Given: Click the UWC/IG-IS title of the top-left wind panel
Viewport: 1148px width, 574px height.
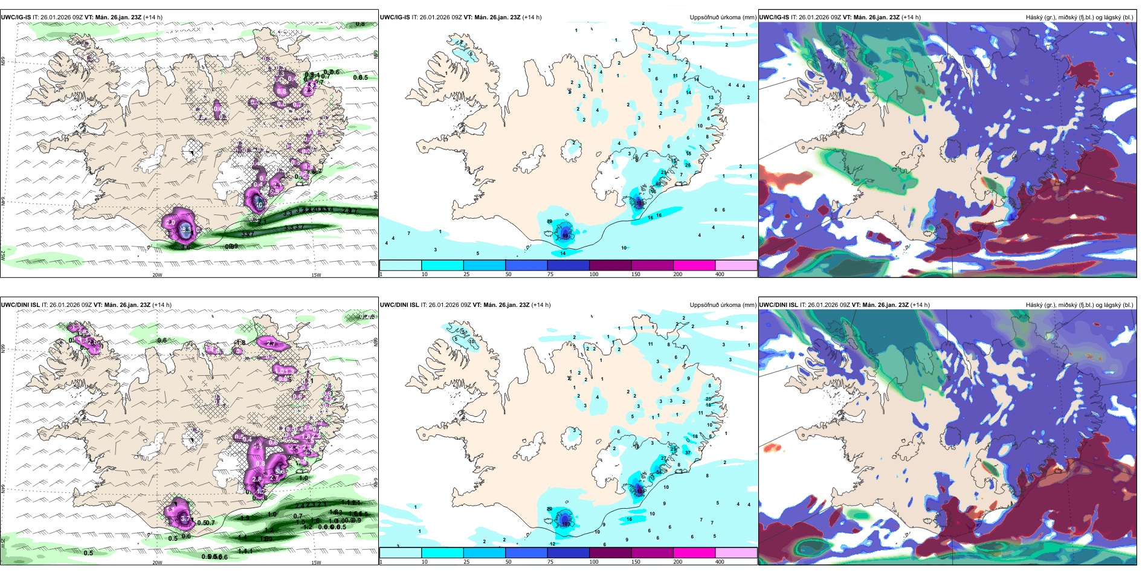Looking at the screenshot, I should pos(16,18).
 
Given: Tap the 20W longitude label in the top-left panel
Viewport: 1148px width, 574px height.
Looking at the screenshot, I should pos(157,275).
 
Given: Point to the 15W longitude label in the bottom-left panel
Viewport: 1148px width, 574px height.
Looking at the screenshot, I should pos(316,563).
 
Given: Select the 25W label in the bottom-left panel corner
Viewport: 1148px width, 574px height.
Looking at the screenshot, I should pos(3,543).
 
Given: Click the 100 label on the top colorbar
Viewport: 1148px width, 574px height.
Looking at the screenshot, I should pos(594,274).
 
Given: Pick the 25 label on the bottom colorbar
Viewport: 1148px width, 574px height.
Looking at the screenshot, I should pos(466,562).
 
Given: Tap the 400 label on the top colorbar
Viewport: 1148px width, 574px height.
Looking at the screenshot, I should pos(720,274).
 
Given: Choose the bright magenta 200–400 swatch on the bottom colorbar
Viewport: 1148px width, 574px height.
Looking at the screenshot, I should pos(694,553).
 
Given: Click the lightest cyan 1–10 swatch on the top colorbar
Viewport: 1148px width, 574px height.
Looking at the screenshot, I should pos(400,265).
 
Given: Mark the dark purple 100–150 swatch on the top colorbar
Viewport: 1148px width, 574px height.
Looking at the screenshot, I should pos(610,265).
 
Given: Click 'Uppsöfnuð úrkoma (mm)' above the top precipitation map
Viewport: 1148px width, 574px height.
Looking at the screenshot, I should pos(723,18).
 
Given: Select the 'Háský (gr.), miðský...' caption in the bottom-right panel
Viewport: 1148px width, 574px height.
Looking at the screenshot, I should pos(1079,305).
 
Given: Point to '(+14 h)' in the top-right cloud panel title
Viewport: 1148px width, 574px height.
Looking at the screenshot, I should pos(911,18).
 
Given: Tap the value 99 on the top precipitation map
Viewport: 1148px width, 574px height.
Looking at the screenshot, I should pos(566,234).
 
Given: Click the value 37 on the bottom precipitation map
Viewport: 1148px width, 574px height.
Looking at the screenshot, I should pos(688,453).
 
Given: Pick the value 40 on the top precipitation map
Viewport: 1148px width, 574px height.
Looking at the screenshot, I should pos(659,184).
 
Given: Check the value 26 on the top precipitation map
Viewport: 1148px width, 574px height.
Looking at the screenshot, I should pos(688,165).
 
